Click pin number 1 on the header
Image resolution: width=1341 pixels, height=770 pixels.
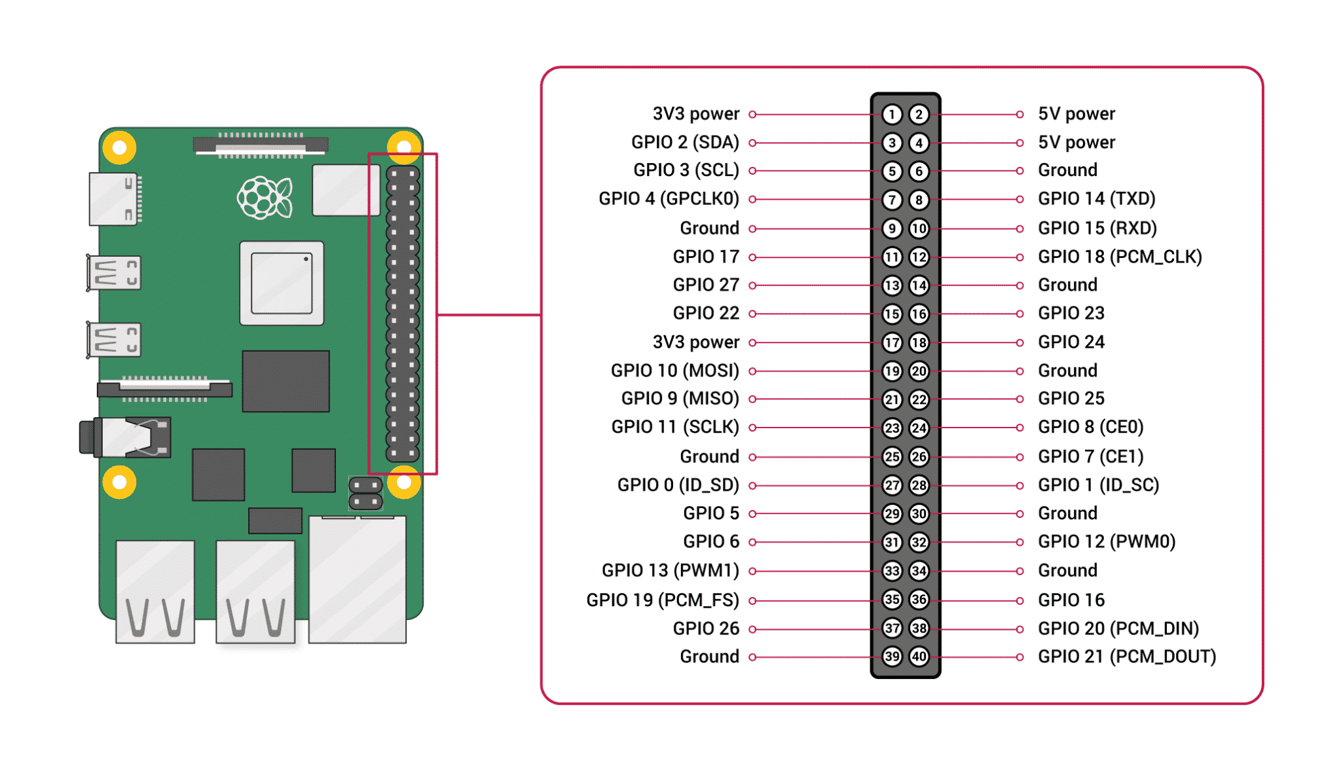[x=891, y=115]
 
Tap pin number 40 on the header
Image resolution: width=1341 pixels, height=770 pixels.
[x=919, y=656]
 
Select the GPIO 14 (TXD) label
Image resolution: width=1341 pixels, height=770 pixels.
[x=1096, y=198]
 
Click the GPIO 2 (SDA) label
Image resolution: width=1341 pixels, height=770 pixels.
[x=685, y=142]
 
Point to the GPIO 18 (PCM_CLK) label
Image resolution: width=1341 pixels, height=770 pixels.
[x=1120, y=257]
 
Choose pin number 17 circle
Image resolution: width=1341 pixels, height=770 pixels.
[x=891, y=342]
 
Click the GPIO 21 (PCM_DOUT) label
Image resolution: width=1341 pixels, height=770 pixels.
[x=1126, y=656]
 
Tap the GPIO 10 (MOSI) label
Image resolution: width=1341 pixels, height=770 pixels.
[x=674, y=371]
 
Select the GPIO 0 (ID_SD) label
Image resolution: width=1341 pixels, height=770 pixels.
[x=678, y=485]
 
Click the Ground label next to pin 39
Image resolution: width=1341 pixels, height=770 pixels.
[x=709, y=656]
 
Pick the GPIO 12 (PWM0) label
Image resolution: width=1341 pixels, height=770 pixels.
[x=1107, y=541]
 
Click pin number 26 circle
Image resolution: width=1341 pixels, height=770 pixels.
[x=919, y=456]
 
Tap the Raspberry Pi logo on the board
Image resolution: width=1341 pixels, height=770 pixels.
[x=265, y=197]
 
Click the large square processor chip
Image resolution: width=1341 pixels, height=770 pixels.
[x=282, y=283]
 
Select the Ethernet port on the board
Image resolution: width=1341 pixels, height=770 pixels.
[x=358, y=579]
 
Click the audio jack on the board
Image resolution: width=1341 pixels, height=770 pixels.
[x=124, y=437]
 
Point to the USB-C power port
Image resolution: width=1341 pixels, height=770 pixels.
[x=114, y=199]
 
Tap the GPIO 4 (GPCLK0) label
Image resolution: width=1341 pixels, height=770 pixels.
[x=669, y=198]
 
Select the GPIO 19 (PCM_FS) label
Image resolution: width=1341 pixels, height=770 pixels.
[x=662, y=600]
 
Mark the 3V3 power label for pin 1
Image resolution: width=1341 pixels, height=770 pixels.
[x=695, y=114]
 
